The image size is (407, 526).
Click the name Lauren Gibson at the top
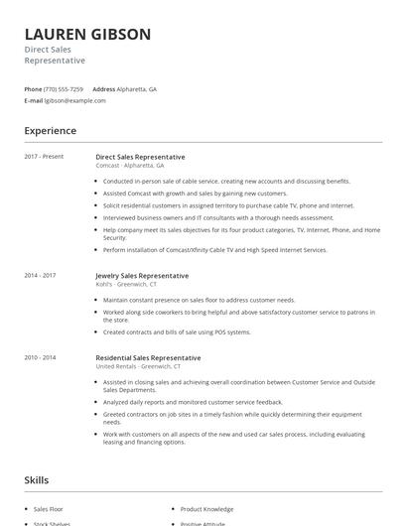coord(87,35)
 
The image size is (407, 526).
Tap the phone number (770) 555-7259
coord(65,89)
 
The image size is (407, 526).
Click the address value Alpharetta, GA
coord(137,89)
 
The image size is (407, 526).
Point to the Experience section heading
coord(50,131)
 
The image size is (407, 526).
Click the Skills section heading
coord(37,480)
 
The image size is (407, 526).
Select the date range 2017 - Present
coord(45,156)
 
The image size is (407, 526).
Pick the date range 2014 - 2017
coord(41,275)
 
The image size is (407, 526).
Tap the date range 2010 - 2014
coord(41,357)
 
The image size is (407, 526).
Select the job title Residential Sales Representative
coord(148,357)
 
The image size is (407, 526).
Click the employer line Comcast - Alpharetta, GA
coord(130,165)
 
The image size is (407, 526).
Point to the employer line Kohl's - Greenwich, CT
coord(128,284)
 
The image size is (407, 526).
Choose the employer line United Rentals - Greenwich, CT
coord(138,366)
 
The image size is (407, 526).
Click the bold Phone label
coord(34,89)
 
